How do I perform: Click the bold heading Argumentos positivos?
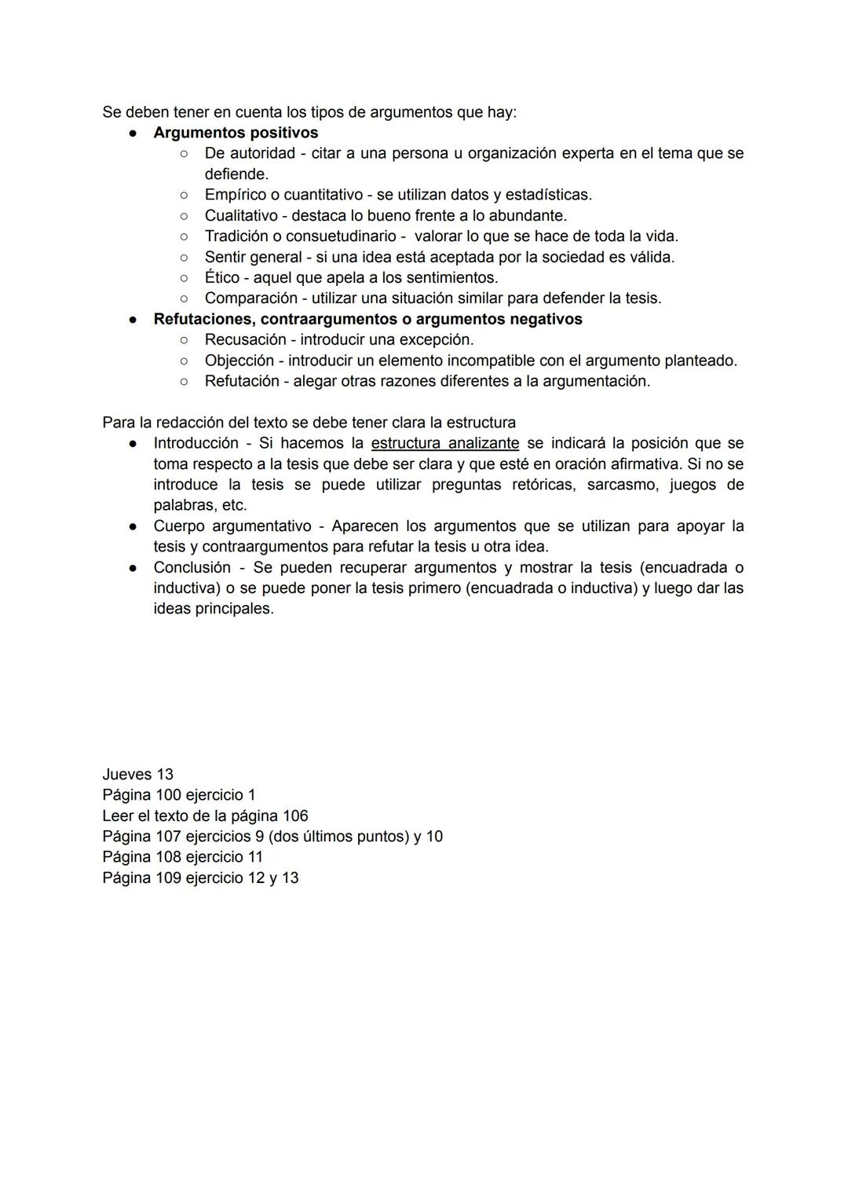[x=236, y=133]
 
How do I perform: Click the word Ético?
[x=221, y=277]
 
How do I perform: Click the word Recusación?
[x=245, y=339]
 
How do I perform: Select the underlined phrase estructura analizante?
[x=444, y=443]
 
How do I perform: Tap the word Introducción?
[x=196, y=443]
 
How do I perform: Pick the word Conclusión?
[x=192, y=567]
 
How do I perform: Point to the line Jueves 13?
[x=137, y=775]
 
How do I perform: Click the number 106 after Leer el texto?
[x=294, y=816]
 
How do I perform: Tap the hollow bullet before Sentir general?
[x=183, y=257]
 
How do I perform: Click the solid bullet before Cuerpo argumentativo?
[x=133, y=526]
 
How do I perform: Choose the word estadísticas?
[x=547, y=194]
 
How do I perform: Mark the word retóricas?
[x=542, y=485]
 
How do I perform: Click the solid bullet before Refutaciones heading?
[x=133, y=320]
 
